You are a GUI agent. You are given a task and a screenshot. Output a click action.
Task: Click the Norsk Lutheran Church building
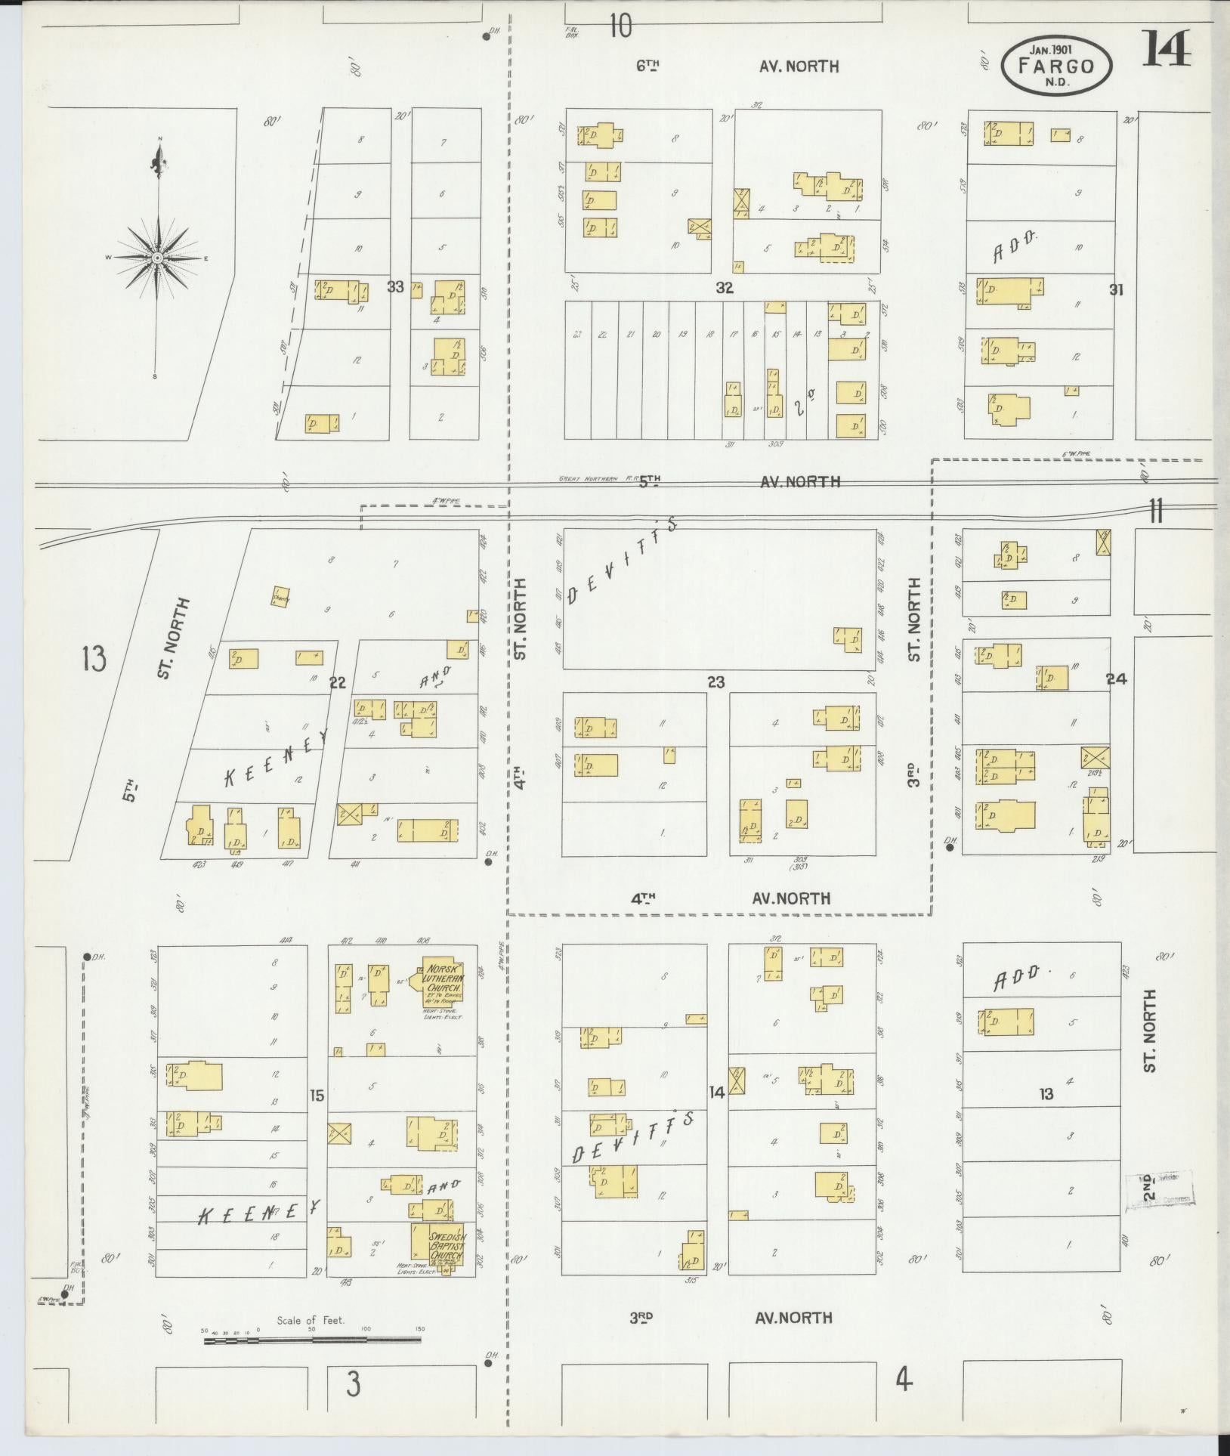pyautogui.click(x=442, y=985)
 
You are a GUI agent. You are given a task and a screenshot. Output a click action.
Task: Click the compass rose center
pyautogui.click(x=158, y=258)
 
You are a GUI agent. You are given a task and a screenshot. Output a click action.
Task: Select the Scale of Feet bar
pyautogui.click(x=312, y=1340)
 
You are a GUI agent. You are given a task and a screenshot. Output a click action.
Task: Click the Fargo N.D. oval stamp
pyautogui.click(x=1056, y=66)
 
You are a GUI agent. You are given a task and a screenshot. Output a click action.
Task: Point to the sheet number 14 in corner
pyautogui.click(x=1167, y=49)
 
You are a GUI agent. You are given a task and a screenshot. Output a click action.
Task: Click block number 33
pyautogui.click(x=395, y=286)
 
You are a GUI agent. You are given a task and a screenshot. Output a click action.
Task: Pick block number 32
pyautogui.click(x=725, y=288)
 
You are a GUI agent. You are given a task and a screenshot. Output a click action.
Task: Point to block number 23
pyautogui.click(x=715, y=682)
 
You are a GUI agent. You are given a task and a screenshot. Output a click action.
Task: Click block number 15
pyautogui.click(x=317, y=1095)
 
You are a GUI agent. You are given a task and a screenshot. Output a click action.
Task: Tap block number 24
pyautogui.click(x=1116, y=679)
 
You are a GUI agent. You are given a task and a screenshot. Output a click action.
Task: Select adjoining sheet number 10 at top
pyautogui.click(x=620, y=26)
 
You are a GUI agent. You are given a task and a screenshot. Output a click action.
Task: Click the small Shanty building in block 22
pyautogui.click(x=281, y=596)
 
